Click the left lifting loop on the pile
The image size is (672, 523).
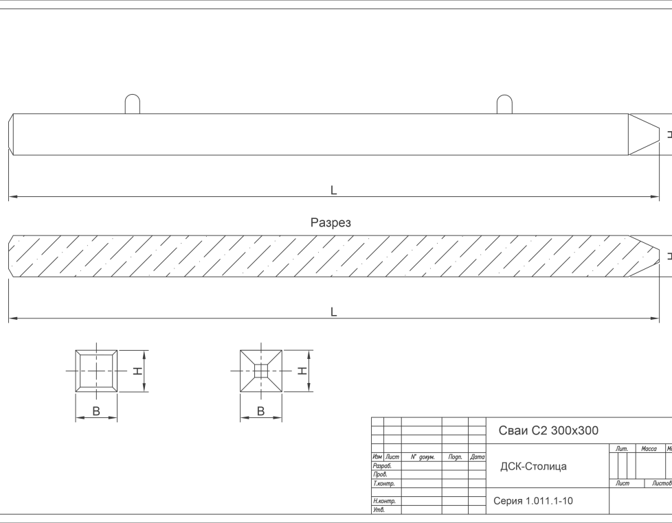(133, 104)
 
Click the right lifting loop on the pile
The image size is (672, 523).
(504, 104)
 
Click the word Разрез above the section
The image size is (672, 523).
(331, 223)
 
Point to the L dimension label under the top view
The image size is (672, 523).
(334, 191)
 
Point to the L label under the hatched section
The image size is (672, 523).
(334, 312)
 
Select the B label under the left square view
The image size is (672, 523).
(96, 411)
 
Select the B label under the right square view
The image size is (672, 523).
(260, 411)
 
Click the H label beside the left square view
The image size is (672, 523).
(137, 371)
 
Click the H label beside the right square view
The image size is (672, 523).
(302, 371)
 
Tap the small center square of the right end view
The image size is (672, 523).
(261, 371)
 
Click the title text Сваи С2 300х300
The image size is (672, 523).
(548, 431)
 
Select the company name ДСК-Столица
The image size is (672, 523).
(533, 467)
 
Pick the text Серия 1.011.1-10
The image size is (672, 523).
(533, 501)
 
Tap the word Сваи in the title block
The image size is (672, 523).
(513, 431)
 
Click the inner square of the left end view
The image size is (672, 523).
(96, 371)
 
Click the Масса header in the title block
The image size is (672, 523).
(649, 449)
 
